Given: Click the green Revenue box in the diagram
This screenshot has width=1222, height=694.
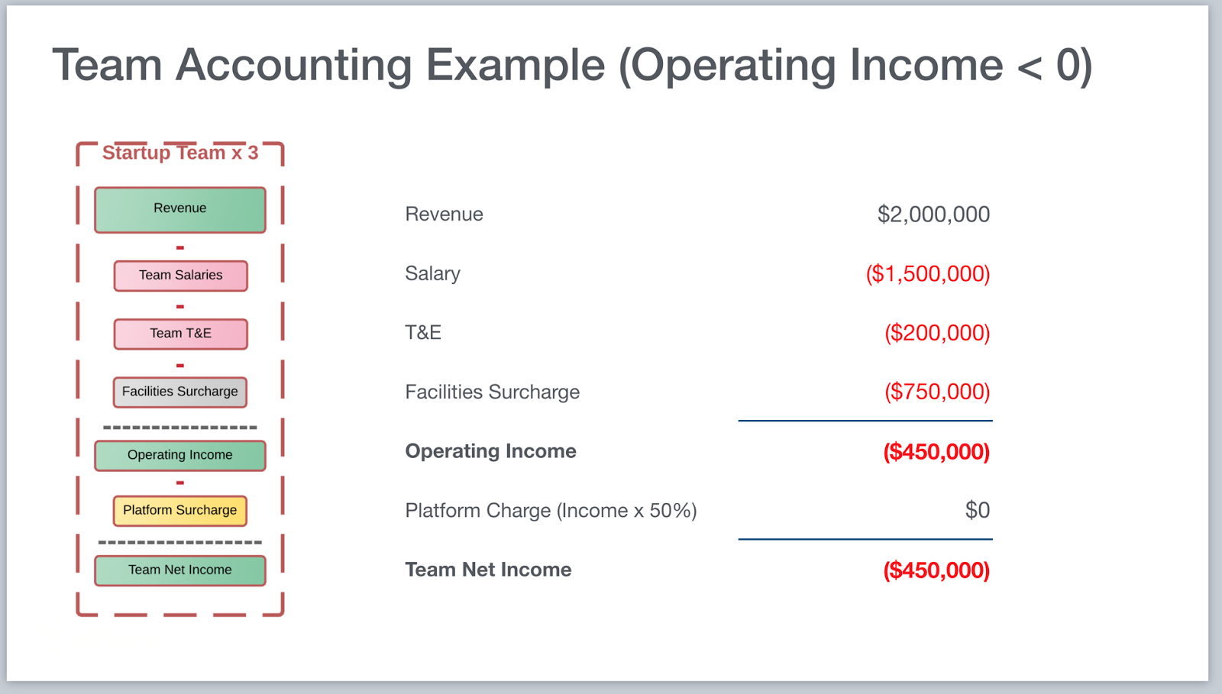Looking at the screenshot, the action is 180,210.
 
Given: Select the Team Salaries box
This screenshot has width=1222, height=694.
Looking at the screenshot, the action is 180,276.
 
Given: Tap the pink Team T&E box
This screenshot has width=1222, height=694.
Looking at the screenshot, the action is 180,334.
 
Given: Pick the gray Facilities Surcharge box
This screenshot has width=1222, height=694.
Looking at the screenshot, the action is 180,392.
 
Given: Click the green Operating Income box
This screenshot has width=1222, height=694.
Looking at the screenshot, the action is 180,455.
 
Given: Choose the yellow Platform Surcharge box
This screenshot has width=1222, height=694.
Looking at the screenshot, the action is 180,511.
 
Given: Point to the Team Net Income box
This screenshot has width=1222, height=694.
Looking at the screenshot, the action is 180,570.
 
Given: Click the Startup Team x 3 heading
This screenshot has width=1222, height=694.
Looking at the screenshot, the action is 180,153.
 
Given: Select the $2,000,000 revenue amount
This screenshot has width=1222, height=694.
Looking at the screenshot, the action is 933,215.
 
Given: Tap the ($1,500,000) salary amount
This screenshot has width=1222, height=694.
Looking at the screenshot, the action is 928,273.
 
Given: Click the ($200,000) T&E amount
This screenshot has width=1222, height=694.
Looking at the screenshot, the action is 937,333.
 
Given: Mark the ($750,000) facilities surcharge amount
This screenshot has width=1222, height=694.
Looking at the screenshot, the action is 937,392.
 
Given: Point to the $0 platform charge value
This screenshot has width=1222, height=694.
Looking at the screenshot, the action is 977,510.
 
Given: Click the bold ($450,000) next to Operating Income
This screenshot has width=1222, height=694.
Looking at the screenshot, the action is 936,451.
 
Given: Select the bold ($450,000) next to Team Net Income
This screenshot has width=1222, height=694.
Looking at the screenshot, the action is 936,570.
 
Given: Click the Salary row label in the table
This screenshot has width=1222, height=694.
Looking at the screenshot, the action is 432,273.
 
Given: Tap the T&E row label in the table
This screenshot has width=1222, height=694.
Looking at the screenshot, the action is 423,333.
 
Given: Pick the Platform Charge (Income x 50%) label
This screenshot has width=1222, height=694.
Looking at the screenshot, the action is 551,511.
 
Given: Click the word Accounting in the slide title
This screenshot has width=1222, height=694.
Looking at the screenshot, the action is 293,66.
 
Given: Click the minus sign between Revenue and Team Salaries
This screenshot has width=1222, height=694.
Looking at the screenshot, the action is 180,248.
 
